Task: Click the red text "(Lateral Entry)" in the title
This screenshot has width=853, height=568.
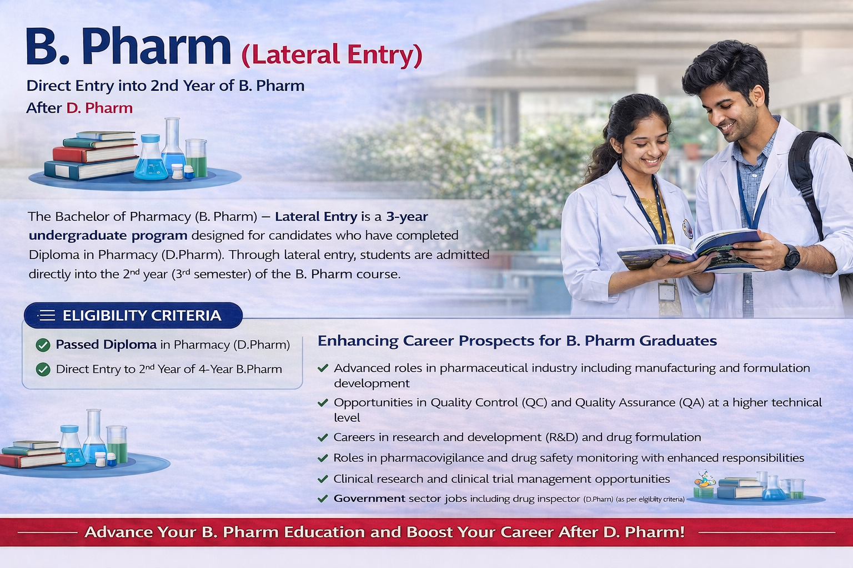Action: tap(332, 55)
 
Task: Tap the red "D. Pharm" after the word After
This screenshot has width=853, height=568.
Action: tap(99, 108)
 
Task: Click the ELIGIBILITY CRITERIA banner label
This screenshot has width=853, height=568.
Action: tap(142, 316)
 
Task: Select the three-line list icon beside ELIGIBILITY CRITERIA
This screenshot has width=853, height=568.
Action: tap(47, 316)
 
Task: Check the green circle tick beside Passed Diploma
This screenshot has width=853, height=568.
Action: tap(43, 345)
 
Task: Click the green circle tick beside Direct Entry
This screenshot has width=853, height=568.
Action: tap(43, 369)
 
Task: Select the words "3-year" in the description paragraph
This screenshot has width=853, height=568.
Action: tap(407, 216)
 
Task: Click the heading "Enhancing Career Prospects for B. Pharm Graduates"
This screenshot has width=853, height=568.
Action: tap(517, 341)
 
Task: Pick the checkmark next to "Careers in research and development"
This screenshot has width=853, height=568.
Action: tap(323, 438)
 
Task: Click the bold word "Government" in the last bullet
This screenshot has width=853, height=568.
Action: tap(369, 498)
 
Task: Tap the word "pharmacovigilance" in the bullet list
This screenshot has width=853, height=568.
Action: tap(432, 458)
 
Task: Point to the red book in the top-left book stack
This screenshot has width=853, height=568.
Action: tap(95, 154)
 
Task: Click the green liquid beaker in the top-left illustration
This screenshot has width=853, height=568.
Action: tap(197, 158)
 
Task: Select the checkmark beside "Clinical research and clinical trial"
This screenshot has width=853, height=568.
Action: tap(323, 479)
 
